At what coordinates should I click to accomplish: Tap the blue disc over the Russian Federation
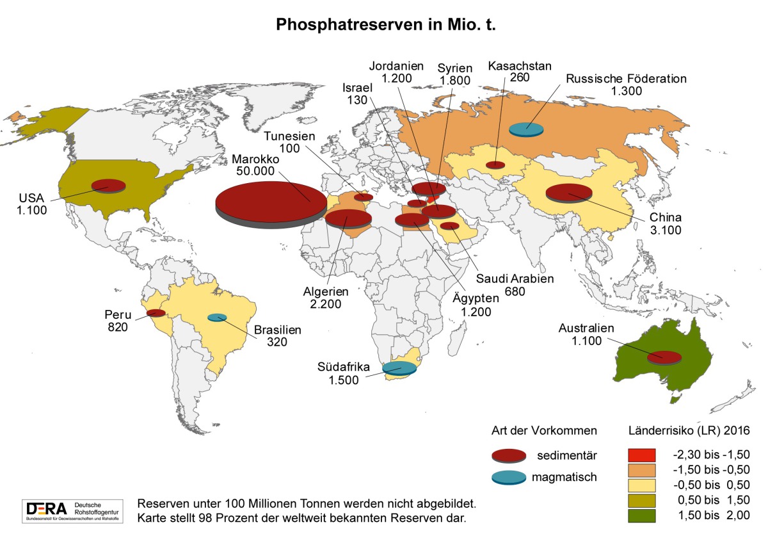[x=527, y=129]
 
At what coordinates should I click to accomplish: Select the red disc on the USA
[x=108, y=185]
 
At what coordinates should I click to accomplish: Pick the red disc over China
[x=568, y=191]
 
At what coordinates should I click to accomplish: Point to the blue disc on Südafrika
[x=399, y=368]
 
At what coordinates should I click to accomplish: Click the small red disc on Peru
[x=156, y=312]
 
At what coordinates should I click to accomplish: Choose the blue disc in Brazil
[x=217, y=317]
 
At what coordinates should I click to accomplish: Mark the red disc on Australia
[x=664, y=357]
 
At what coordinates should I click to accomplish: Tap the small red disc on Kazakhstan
[x=495, y=165]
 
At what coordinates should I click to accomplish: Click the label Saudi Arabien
[x=515, y=279]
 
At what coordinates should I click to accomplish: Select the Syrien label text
[x=455, y=69]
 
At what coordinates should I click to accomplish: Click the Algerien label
[x=326, y=291]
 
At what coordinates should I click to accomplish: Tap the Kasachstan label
[x=520, y=66]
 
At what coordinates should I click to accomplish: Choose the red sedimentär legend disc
[x=509, y=455]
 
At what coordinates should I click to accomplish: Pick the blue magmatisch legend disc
[x=509, y=478]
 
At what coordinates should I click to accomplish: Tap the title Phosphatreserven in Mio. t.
[x=387, y=25]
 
